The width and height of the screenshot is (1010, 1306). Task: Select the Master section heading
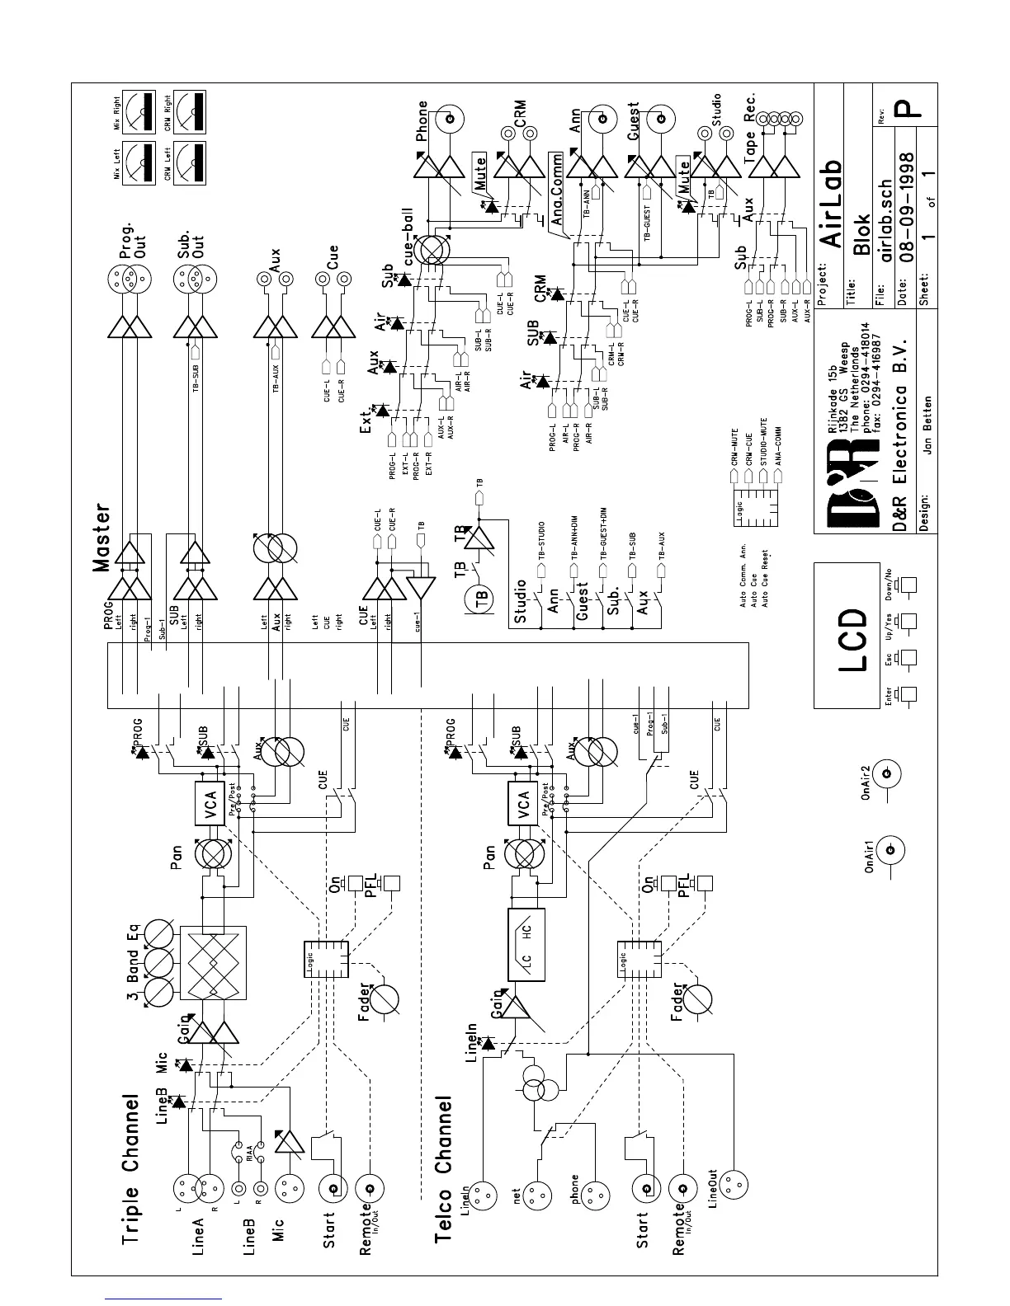pos(101,538)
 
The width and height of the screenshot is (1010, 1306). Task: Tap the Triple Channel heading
pos(131,1171)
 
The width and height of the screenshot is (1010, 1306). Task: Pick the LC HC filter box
pos(526,944)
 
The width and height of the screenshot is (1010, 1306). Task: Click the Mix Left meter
pos(139,162)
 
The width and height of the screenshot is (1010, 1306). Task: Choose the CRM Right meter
pos(189,111)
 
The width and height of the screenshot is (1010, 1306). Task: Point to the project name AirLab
pos(833,202)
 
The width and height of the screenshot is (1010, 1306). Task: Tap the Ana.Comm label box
pos(557,189)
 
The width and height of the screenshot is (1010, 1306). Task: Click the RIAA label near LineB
pos(249,1151)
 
